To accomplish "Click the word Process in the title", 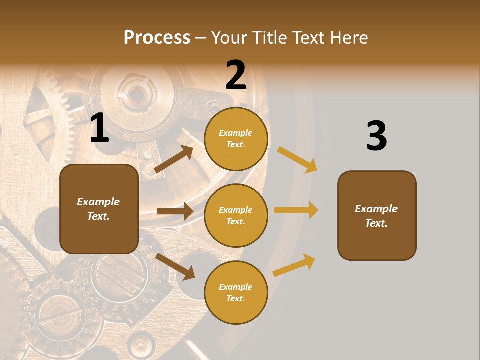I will coord(157,38).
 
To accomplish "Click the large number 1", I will coord(99,128).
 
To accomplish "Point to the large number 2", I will coord(236,75).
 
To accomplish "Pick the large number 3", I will coord(376,136).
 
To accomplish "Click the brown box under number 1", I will coord(99,209).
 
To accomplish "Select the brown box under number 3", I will coord(377,216).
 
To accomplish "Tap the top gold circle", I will coord(236,139).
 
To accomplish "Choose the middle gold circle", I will coord(236,216).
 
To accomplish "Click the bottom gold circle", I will coord(236,292).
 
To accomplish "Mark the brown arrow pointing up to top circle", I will coord(174,159).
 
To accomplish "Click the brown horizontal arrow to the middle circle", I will coord(175,211).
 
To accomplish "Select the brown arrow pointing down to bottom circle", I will coord(175,266).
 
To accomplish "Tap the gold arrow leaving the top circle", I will coord(297,159).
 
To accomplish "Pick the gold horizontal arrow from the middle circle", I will coord(296,210).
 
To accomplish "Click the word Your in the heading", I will coord(228,38).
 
